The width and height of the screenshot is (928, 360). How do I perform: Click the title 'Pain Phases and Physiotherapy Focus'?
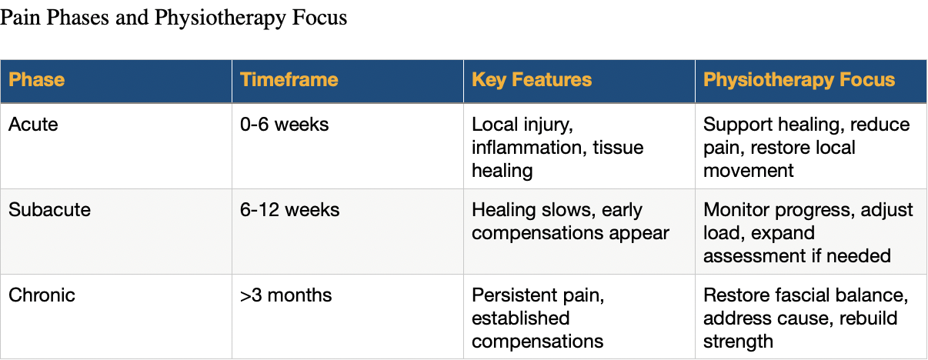173,17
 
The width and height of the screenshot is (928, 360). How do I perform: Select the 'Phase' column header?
36,80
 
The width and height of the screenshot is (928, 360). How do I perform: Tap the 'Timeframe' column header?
289,80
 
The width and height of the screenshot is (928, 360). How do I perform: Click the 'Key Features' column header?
531,80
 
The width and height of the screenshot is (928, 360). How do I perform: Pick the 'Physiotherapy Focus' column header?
799,80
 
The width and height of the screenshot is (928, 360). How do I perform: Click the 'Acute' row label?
32,125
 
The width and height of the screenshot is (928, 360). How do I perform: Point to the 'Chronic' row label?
42,295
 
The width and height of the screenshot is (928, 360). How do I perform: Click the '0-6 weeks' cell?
284,125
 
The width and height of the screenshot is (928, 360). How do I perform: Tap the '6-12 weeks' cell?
289,210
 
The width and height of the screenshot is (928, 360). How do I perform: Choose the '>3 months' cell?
285,295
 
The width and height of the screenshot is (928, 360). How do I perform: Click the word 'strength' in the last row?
738,341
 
